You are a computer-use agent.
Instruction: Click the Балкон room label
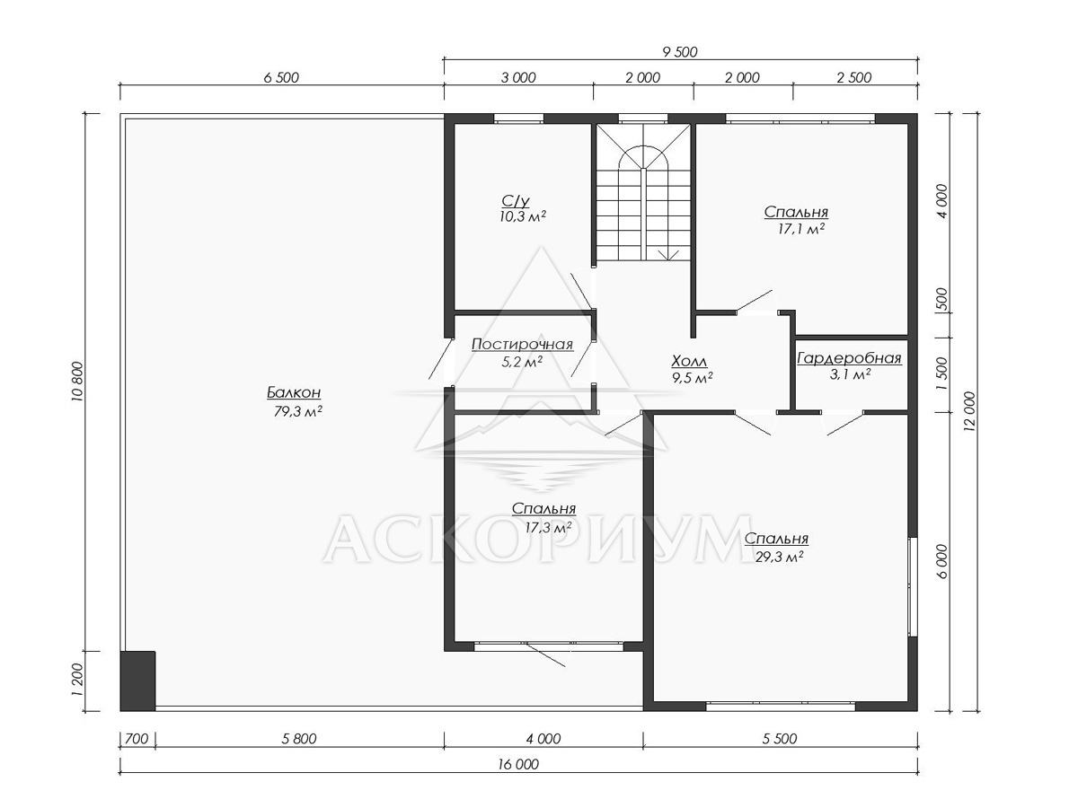tap(294, 392)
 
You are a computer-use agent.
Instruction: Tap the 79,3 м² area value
tap(297, 411)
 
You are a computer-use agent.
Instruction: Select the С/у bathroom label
tap(516, 200)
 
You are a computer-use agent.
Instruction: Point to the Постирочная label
tap(522, 345)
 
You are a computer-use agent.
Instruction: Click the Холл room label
tap(690, 362)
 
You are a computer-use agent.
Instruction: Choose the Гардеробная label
tap(849, 358)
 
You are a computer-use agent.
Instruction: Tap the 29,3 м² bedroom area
tap(779, 557)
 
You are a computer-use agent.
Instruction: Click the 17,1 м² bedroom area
tap(800, 229)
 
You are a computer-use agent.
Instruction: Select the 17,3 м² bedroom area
tap(548, 527)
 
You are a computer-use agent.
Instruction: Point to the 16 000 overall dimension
tap(518, 764)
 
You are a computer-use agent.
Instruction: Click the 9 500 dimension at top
tap(680, 52)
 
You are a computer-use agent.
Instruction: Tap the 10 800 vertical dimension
tap(78, 382)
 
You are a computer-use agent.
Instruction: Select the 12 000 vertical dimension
tap(970, 411)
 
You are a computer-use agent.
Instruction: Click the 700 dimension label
tap(137, 738)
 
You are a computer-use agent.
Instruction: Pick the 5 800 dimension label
tap(299, 738)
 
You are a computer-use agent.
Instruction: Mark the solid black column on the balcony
tap(138, 681)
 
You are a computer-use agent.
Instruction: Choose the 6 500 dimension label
tap(281, 77)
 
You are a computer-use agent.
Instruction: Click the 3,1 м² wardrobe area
tap(850, 374)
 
